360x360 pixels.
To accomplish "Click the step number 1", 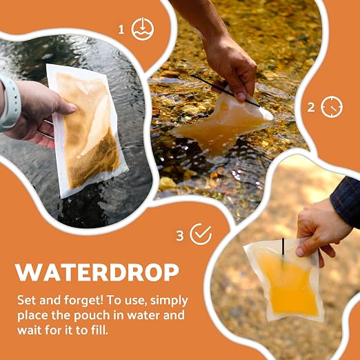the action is click(121, 30).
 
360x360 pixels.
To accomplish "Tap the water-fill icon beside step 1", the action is click(143, 29).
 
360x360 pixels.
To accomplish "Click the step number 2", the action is click(311, 108).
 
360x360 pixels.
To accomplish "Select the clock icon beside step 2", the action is click(332, 107).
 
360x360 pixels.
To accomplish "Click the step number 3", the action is click(180, 236).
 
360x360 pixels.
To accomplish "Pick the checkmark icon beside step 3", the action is click(201, 234).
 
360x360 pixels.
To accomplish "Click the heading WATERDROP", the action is click(97, 272).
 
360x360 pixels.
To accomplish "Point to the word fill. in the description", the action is click(99, 330).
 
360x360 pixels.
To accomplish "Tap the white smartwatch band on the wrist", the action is click(10, 103).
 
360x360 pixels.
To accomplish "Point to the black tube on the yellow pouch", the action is click(283, 248).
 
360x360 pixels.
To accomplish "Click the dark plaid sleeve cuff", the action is click(346, 201).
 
